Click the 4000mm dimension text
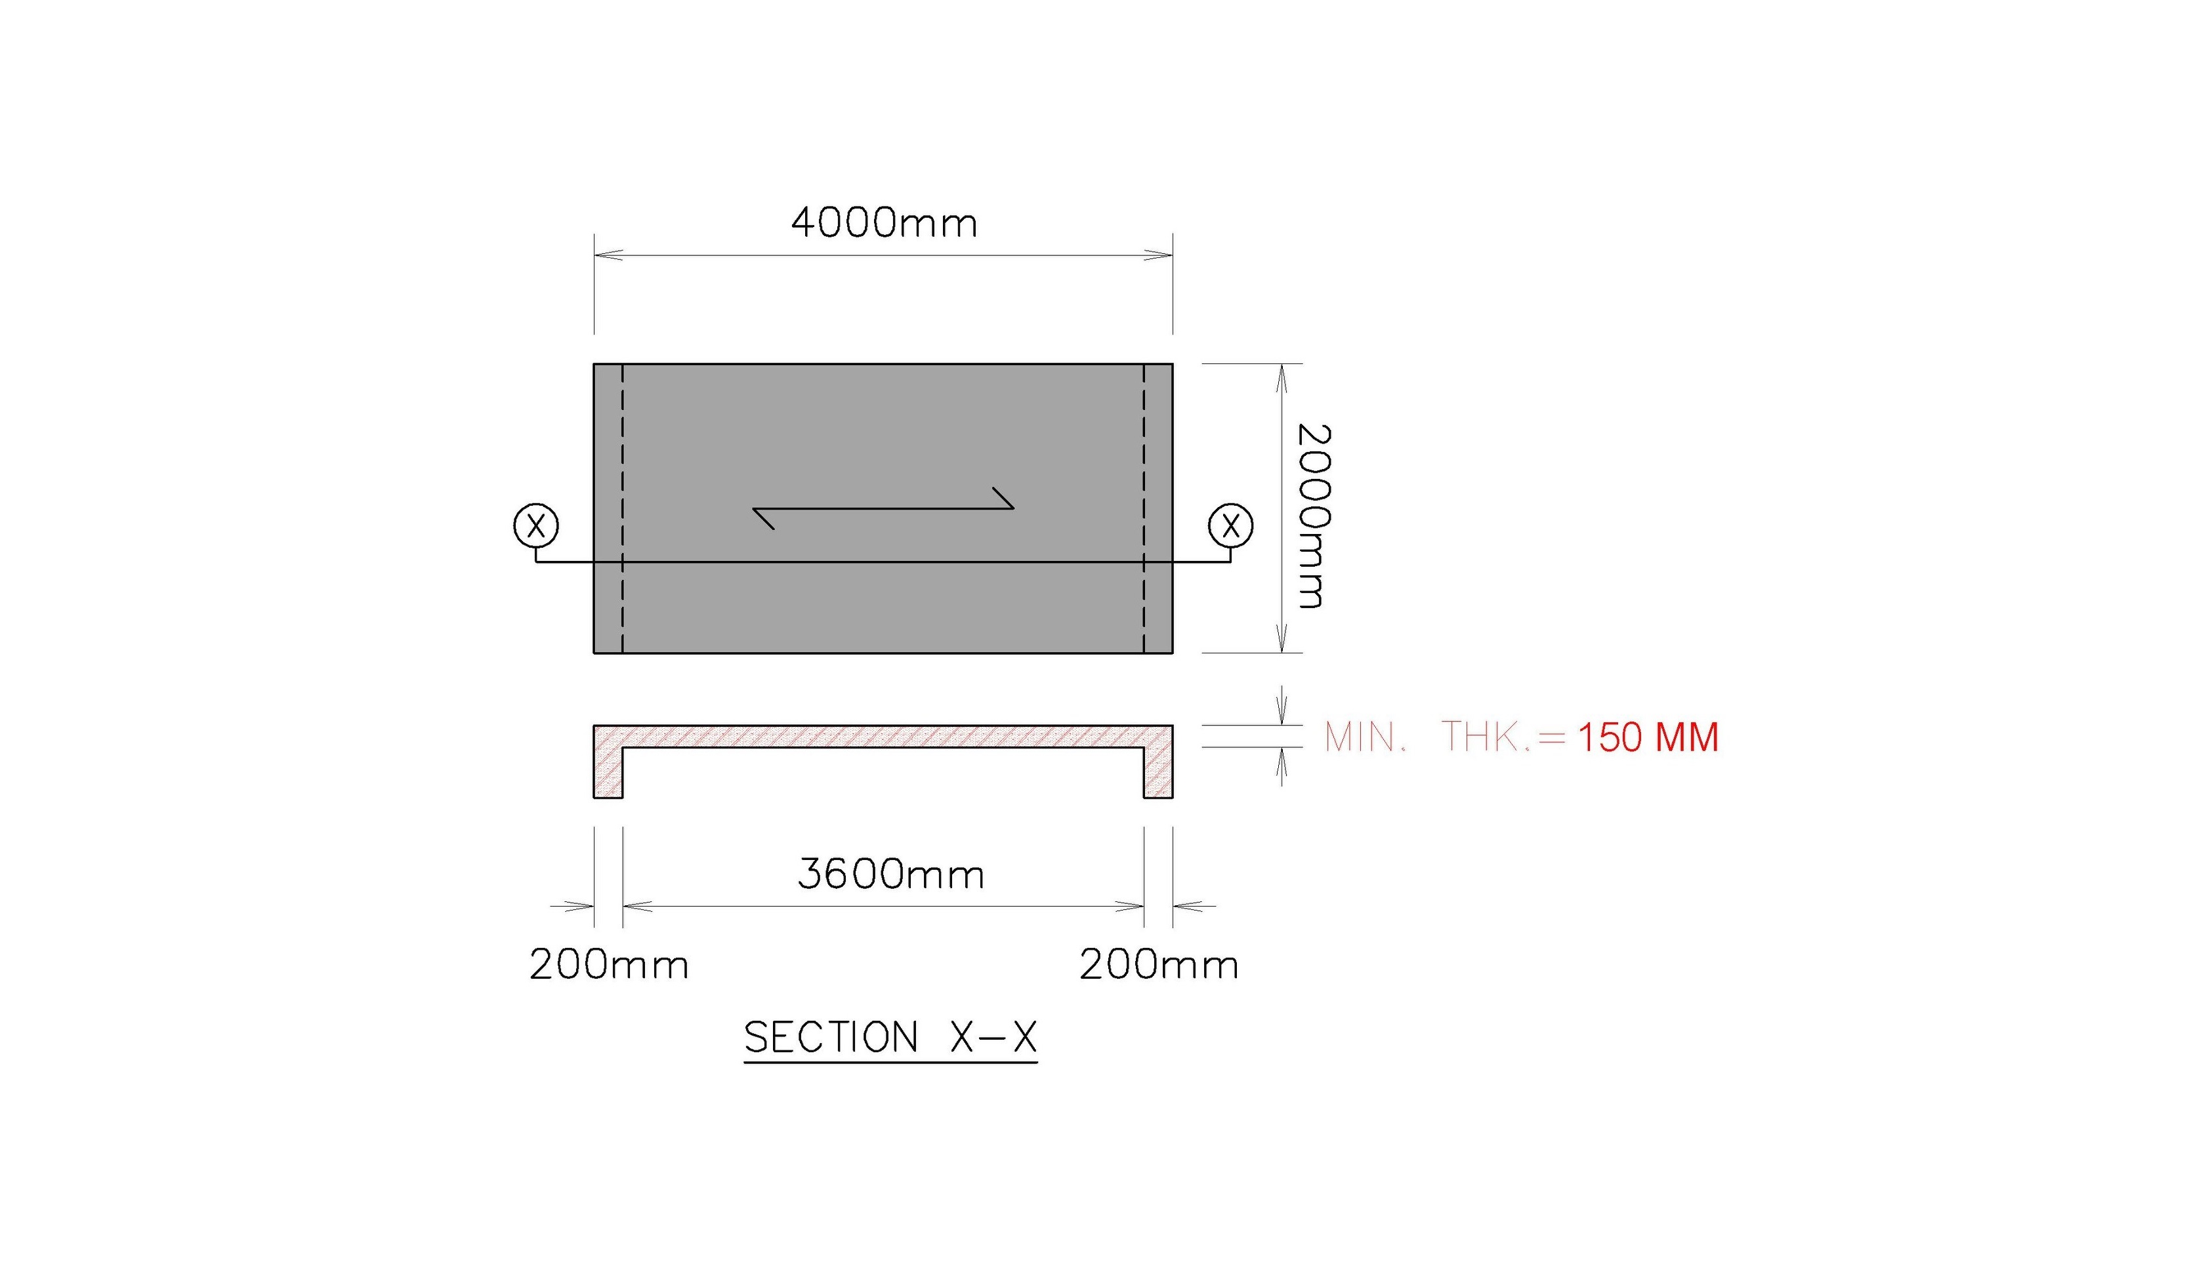884,222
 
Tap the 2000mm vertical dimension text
1313,516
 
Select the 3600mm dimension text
891,874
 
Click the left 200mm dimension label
609,965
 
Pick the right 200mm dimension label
1159,965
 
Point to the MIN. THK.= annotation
1445,737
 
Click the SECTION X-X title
891,1037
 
